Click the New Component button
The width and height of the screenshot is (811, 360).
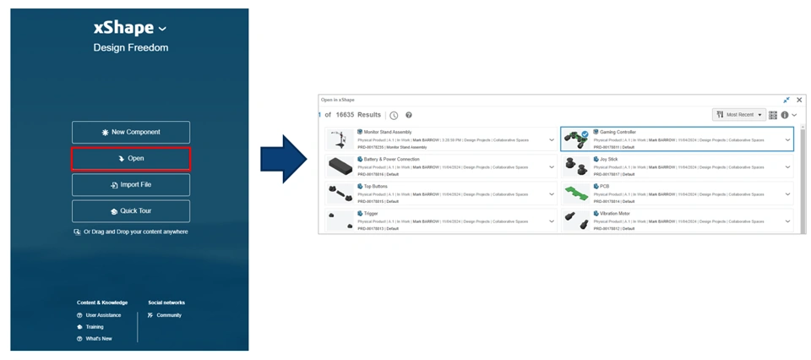[x=131, y=132]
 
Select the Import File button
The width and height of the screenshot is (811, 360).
[x=131, y=184]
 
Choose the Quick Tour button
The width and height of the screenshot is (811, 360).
[x=131, y=210]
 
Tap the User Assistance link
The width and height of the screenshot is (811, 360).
[x=103, y=315]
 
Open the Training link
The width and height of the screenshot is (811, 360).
[x=94, y=327]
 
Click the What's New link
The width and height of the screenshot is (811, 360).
[x=98, y=339]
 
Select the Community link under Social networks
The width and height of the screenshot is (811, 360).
[x=169, y=315]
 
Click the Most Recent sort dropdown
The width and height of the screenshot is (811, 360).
[x=739, y=115]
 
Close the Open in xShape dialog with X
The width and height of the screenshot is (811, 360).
[x=799, y=100]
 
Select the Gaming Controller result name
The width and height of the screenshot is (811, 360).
[x=618, y=132]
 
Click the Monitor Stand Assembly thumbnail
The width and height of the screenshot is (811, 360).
[x=340, y=139]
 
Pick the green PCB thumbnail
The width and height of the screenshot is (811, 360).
[x=577, y=194]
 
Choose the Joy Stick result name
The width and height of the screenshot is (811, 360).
[x=609, y=159]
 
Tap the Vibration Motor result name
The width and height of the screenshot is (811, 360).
[x=616, y=213]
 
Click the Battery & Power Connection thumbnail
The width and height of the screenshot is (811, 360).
[x=340, y=166]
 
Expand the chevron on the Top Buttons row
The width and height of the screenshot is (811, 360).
[x=552, y=194]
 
